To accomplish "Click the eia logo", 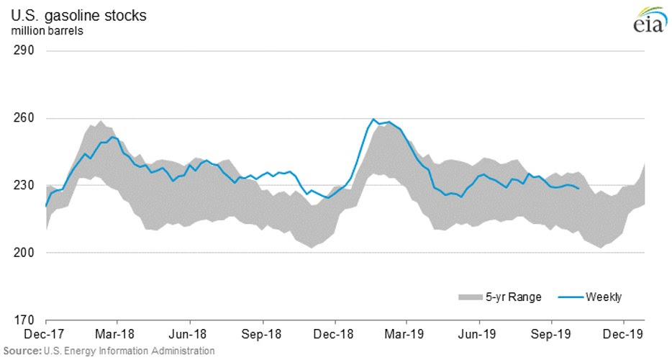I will click(648, 22).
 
